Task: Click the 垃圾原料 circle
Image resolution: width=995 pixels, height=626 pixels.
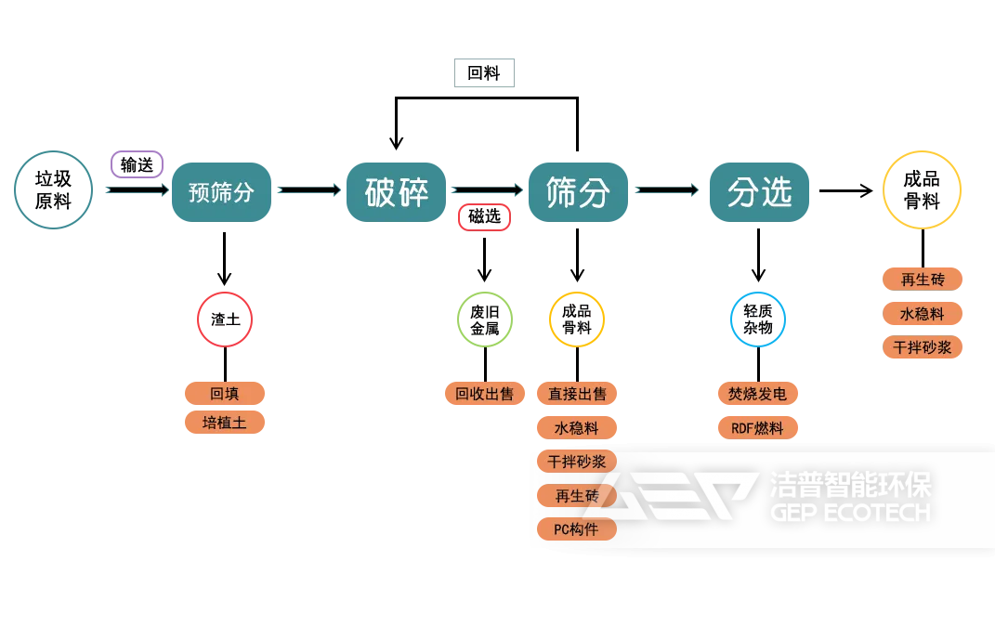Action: click(54, 189)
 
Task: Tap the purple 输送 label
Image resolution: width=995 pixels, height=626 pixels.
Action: click(137, 164)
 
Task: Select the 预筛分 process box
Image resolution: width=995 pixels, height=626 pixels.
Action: click(221, 192)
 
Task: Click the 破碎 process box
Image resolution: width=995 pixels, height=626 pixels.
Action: click(396, 192)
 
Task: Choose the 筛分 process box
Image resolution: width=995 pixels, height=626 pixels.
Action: click(578, 192)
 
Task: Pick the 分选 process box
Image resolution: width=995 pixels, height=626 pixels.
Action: click(759, 192)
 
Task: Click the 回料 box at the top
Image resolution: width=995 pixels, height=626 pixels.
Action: click(484, 73)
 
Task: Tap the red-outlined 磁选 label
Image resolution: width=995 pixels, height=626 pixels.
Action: click(484, 216)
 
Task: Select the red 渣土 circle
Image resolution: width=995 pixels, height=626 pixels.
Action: click(225, 320)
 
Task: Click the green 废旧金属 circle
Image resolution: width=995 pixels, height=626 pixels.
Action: click(484, 320)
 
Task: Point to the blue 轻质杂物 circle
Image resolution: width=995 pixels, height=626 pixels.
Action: click(758, 320)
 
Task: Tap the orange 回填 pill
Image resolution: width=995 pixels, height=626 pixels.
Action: click(225, 393)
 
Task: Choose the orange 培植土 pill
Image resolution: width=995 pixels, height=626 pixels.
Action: click(225, 423)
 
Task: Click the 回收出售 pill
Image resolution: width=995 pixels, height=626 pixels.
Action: click(484, 393)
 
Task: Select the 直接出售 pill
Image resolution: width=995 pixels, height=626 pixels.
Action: click(577, 393)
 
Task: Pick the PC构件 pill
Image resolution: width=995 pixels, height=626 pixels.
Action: click(577, 529)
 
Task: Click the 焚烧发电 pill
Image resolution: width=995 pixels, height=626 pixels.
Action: click(757, 393)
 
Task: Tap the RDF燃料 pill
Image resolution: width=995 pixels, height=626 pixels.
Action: click(757, 428)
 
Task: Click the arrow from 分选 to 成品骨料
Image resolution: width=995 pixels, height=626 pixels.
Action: click(845, 190)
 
